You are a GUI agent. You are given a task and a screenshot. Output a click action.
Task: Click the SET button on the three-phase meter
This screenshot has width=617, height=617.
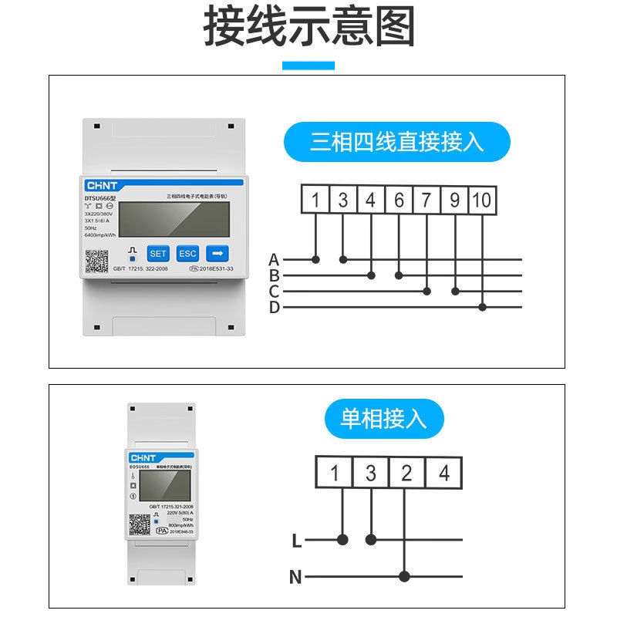pos(158,253)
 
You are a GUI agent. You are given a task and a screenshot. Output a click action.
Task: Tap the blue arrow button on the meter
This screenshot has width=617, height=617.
pos(217,253)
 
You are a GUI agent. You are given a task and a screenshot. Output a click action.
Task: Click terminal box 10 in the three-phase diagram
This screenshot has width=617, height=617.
pos(483,201)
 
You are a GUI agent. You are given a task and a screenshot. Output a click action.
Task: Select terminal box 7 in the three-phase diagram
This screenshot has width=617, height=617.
pos(427,201)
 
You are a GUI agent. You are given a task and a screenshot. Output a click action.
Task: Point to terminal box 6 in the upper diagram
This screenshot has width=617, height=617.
pos(399,201)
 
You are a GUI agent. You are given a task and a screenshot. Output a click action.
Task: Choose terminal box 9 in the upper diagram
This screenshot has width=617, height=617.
pos(455,201)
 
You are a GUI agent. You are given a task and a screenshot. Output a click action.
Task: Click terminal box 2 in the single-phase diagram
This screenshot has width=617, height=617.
pos(406,472)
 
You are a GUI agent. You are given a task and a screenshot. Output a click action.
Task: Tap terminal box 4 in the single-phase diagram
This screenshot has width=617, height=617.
pos(443,472)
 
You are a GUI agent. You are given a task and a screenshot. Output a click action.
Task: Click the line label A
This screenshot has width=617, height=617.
pos(274,259)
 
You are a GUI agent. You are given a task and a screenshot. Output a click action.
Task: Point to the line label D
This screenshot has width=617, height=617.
pos(274,308)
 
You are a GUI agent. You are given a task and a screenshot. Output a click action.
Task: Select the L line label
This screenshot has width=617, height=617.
pos(297,541)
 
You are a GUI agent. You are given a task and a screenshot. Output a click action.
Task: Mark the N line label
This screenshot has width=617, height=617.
pos(295,576)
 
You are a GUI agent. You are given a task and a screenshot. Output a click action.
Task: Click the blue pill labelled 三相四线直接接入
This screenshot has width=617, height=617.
pos(397,142)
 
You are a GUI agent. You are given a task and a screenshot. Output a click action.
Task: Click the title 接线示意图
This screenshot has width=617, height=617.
pos(308,28)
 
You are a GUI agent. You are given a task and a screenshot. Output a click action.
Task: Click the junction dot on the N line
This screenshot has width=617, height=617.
pos(404,576)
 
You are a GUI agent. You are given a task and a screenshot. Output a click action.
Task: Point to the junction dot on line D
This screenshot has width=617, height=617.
pos(483,307)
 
